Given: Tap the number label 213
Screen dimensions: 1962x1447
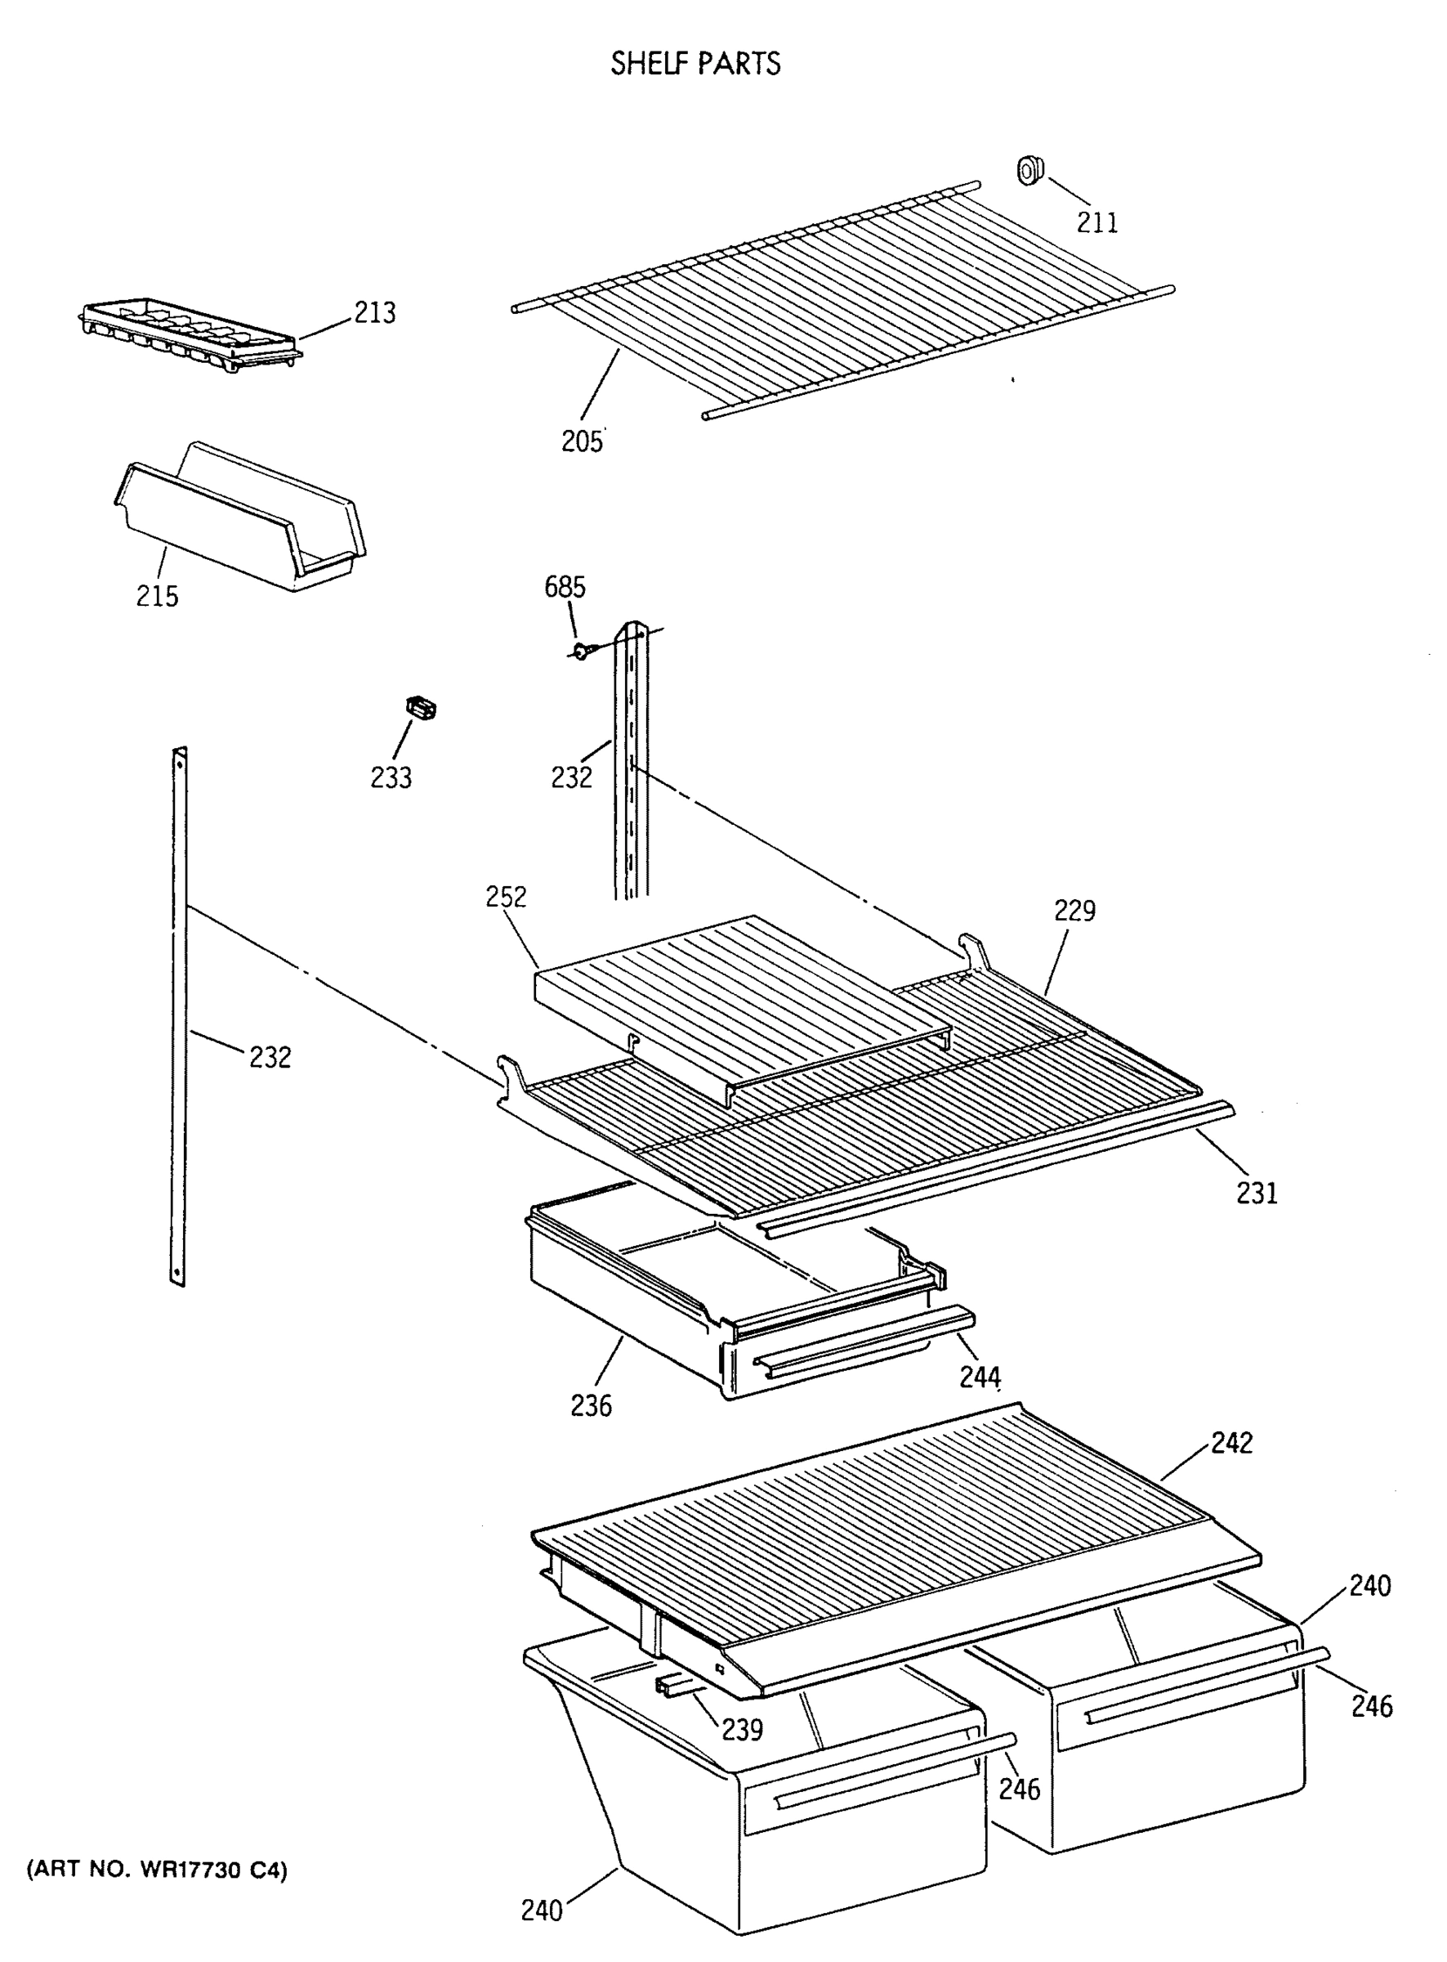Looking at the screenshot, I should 375,312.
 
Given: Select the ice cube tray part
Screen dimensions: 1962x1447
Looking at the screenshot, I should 188,333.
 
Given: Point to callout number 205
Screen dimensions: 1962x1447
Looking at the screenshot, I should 582,441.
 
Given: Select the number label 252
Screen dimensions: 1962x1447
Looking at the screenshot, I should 507,898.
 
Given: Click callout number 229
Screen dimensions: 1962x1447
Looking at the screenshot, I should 1074,912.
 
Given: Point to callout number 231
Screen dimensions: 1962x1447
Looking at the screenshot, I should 1257,1193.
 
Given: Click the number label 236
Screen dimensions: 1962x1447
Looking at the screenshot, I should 592,1405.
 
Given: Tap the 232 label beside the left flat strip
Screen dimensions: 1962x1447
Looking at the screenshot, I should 270,1058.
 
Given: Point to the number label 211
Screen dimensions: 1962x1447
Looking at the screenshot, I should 1096,222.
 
